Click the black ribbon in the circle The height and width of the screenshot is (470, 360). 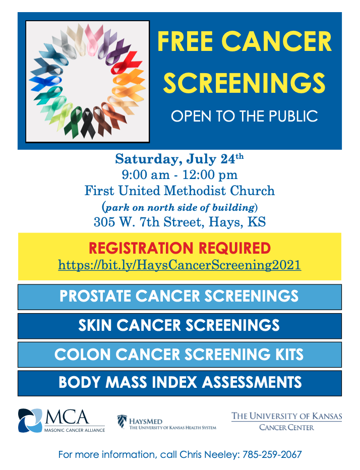click(x=88, y=123)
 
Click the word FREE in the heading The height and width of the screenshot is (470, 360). click(x=185, y=42)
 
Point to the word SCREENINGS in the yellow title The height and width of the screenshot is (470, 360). click(x=245, y=83)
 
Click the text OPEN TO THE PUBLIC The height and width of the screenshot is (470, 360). click(x=245, y=116)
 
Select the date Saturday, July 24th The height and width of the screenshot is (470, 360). click(x=179, y=159)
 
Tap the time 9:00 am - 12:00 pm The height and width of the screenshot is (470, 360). click(x=179, y=175)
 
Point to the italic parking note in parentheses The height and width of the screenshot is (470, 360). click(x=179, y=207)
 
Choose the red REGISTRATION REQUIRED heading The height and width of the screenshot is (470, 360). click(x=179, y=248)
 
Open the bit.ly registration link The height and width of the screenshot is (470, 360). click(x=179, y=265)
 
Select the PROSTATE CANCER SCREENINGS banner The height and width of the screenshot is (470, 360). click(x=179, y=297)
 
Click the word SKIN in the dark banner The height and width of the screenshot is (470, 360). click(x=95, y=326)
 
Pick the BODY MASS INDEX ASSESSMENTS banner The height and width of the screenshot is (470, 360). click(x=179, y=383)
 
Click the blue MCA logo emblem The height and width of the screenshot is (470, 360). click(x=30, y=421)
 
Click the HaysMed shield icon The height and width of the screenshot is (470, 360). click(x=122, y=421)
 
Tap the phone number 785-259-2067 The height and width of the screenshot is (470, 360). click(x=272, y=455)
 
